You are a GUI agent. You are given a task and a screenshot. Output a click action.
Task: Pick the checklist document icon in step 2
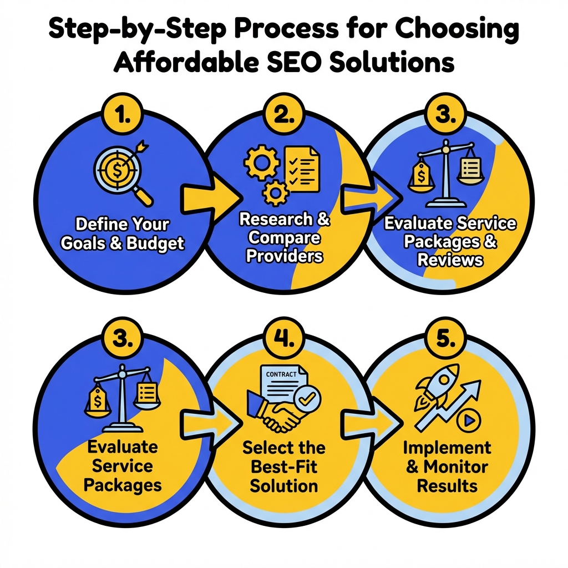pyautogui.click(x=302, y=168)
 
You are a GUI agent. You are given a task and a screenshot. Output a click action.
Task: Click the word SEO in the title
pyautogui.click(x=295, y=63)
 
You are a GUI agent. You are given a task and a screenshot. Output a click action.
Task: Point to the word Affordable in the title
pyautogui.click(x=180, y=63)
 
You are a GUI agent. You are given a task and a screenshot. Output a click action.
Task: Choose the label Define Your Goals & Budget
pyautogui.click(x=122, y=234)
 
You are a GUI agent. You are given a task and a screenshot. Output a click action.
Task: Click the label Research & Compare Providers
pyautogui.click(x=284, y=237)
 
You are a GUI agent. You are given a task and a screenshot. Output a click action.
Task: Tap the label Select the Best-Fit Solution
pyautogui.click(x=284, y=467)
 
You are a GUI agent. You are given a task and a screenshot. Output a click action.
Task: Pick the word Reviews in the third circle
pyautogui.click(x=449, y=260)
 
